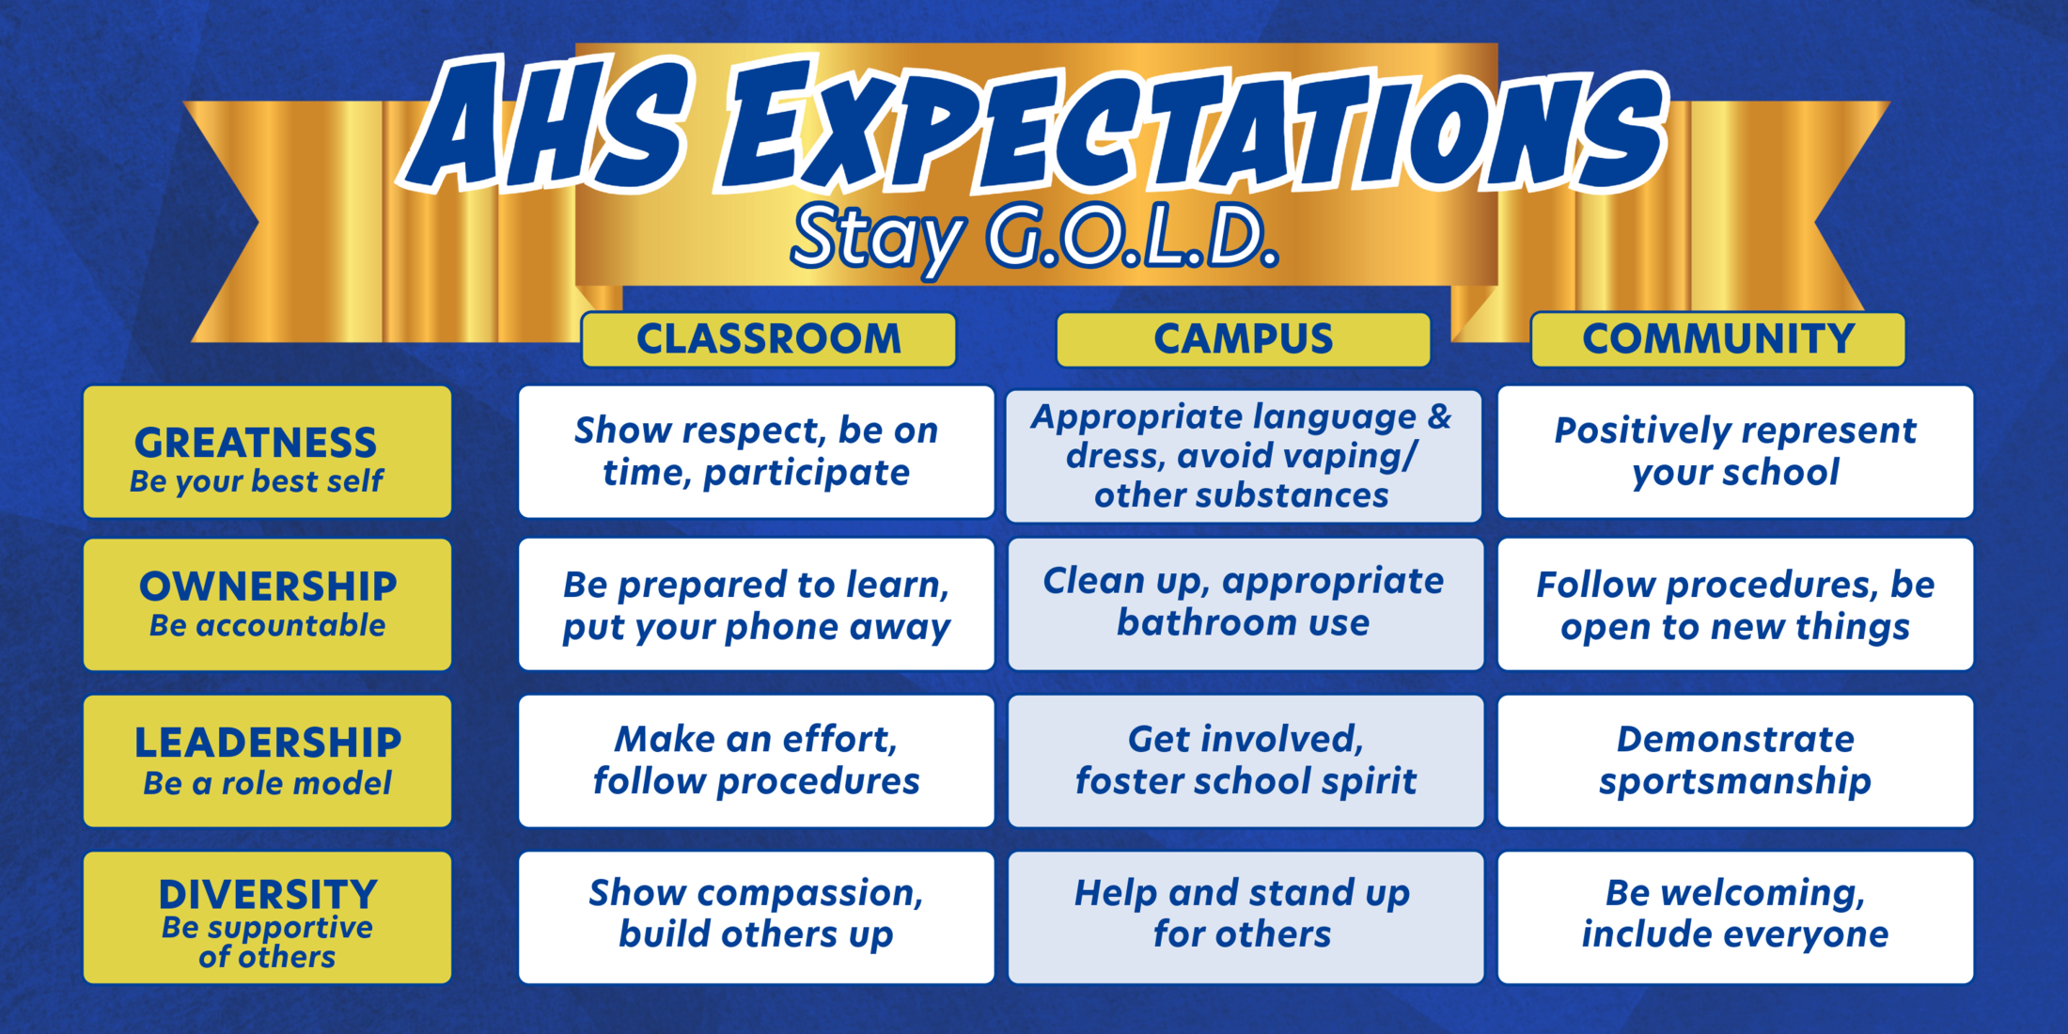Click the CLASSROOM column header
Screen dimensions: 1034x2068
768,339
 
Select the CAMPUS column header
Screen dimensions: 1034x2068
1243,339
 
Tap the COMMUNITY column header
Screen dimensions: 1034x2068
1717,339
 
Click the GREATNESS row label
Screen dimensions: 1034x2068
267,452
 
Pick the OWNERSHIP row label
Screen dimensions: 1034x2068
267,604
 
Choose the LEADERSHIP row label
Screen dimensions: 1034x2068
267,761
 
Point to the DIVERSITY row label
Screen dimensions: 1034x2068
267,917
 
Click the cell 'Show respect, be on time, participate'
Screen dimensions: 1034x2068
756,452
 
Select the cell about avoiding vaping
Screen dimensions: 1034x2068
1243,456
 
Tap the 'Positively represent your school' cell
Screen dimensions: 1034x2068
1735,452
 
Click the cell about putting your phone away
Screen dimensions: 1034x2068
756,604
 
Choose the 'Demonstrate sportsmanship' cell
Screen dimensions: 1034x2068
1735,761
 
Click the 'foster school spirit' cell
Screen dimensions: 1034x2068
1245,761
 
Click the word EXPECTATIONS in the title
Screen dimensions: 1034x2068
1194,132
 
